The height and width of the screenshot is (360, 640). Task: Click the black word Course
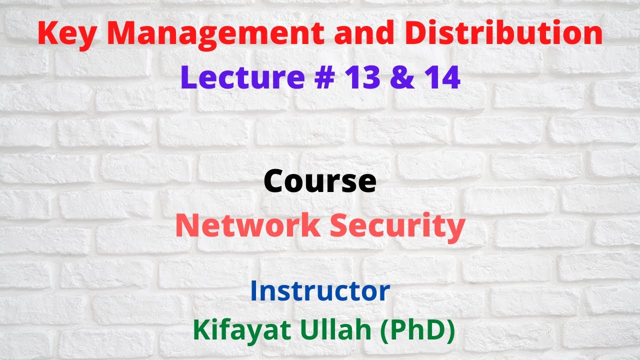tap(320, 181)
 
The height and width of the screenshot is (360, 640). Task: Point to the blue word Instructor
tap(320, 290)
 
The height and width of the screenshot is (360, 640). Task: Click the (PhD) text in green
tap(418, 331)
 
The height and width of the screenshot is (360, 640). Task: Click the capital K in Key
tap(46, 34)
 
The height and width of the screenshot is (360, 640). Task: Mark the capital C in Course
tap(275, 181)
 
